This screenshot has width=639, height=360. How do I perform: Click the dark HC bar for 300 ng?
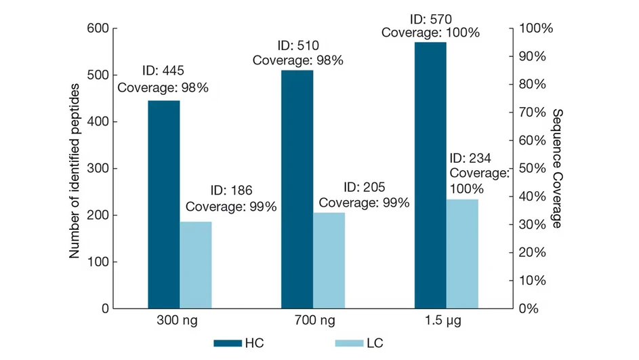coord(164,204)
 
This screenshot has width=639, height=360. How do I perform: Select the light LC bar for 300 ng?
coord(195,264)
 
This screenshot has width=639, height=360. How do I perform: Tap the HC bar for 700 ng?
coord(297,189)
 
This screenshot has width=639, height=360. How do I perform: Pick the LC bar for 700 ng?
coord(329,260)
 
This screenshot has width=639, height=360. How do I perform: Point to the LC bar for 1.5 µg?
coord(462,254)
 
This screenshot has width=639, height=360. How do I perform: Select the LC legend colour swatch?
coord(349,343)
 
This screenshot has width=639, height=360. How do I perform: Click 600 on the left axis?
coord(99,28)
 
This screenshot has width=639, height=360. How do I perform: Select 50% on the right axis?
coord(533,168)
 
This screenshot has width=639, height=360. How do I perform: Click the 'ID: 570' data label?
coord(430,18)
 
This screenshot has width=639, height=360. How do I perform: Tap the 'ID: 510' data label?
coord(297,46)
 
